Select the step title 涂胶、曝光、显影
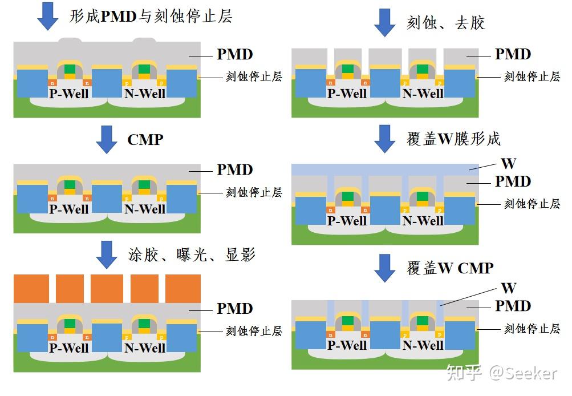(191, 254)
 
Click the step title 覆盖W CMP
(450, 268)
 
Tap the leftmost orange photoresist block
(31, 288)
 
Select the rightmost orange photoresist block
(183, 288)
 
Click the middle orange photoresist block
(107, 288)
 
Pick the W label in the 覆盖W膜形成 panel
(508, 164)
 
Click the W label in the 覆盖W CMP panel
(508, 288)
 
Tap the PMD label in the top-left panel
(234, 55)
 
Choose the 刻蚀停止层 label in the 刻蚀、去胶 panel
(532, 76)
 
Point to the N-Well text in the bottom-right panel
(423, 345)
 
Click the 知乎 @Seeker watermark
(502, 373)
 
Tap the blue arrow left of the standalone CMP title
(107, 139)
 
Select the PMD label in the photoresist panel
(234, 309)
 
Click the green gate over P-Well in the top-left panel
(69, 70)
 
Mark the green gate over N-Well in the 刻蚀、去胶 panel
(422, 70)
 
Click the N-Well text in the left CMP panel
(145, 209)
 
